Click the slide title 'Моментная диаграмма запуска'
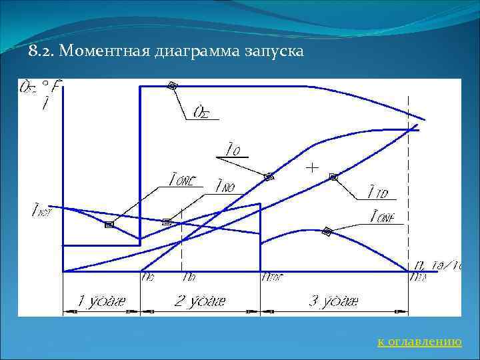tap(166, 51)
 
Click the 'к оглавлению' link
tap(419, 341)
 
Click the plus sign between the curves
tap(311, 167)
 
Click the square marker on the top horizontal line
tap(172, 85)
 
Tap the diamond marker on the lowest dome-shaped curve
tap(327, 231)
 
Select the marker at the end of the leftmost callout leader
tap(109, 225)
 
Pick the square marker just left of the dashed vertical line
tap(167, 221)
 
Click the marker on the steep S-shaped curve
tap(269, 177)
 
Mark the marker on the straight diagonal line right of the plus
tap(333, 177)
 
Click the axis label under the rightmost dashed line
tap(417, 276)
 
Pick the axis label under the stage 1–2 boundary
tap(147, 276)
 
